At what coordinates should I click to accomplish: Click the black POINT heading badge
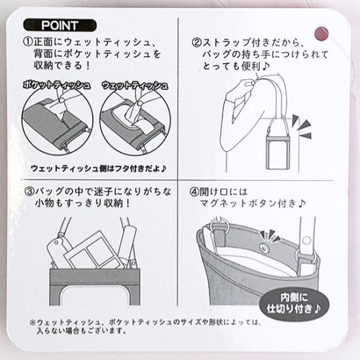tap(60, 26)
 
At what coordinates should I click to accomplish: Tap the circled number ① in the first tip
tap(28, 43)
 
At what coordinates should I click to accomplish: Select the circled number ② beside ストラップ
tap(197, 43)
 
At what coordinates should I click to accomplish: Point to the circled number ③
tap(29, 192)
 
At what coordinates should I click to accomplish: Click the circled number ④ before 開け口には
tap(194, 192)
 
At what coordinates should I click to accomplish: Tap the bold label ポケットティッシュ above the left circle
tap(57, 85)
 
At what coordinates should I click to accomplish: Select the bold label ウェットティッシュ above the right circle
tap(135, 85)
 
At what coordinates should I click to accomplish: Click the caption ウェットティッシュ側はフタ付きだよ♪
tap(98, 168)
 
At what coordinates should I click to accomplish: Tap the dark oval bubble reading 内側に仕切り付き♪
tap(294, 303)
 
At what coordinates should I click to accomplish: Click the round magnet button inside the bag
tap(263, 247)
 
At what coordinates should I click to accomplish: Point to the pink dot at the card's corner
tap(321, 34)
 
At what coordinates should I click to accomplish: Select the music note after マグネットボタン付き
tap(302, 203)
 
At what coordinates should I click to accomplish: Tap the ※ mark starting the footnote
tap(33, 322)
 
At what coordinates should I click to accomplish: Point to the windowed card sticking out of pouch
tap(95, 250)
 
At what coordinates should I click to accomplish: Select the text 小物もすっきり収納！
tap(83, 204)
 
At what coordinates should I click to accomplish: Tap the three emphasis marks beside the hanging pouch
tap(302, 127)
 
